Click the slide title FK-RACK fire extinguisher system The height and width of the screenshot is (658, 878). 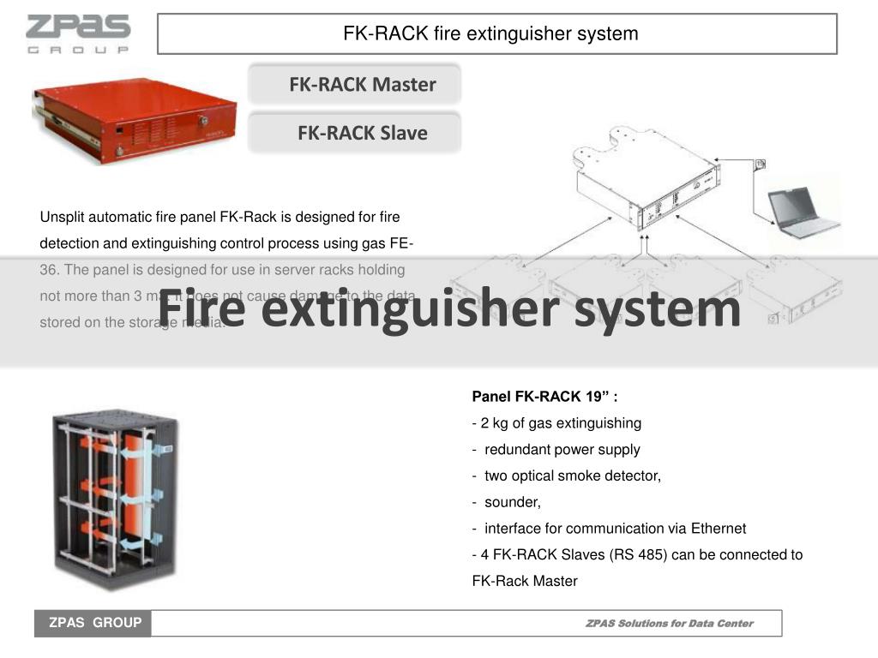[490, 34]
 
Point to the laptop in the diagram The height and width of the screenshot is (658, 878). [803, 212]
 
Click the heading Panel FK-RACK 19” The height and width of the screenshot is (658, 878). [544, 397]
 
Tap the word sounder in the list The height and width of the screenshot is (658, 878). [512, 502]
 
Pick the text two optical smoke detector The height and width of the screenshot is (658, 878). [572, 476]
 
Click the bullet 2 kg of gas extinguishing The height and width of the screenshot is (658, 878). [557, 423]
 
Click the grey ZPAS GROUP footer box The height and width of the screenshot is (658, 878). [93, 623]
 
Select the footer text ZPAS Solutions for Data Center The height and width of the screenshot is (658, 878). [669, 624]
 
